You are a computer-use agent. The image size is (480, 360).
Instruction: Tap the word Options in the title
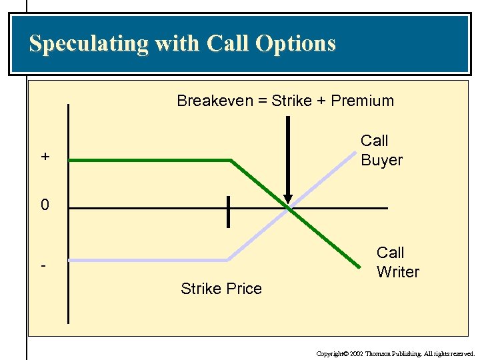click(297, 44)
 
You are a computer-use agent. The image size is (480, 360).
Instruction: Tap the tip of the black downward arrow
click(288, 203)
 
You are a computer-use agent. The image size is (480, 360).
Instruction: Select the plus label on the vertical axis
click(45, 157)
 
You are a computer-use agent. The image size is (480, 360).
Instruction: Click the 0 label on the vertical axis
click(45, 205)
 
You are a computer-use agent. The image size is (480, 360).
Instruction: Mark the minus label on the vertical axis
click(43, 265)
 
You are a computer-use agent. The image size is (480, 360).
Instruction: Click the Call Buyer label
click(381, 150)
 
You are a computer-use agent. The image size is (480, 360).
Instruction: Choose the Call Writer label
click(397, 262)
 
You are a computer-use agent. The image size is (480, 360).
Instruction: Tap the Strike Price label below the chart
click(221, 289)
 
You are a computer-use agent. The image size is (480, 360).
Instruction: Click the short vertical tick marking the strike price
click(228, 211)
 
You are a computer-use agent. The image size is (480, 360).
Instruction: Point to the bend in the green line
click(231, 160)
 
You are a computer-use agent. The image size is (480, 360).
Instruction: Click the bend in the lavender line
click(228, 259)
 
